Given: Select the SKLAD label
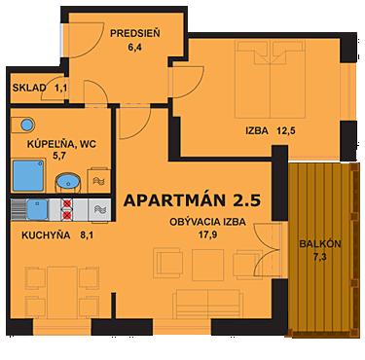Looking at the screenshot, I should [29, 89].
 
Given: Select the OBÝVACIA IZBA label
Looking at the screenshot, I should [207, 222].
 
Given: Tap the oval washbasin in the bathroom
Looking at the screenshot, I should [68, 181].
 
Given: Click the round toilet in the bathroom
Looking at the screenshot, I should [25, 125].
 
